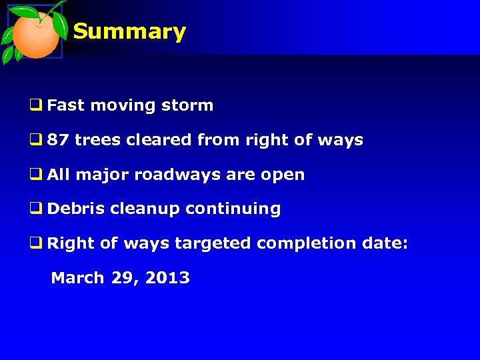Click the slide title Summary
coord(129,31)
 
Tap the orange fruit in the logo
coord(36,35)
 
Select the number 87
coord(58,140)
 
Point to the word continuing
coord(233,209)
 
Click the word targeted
coord(213,244)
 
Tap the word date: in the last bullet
coord(385,243)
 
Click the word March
coord(77,278)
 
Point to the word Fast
coord(65,105)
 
